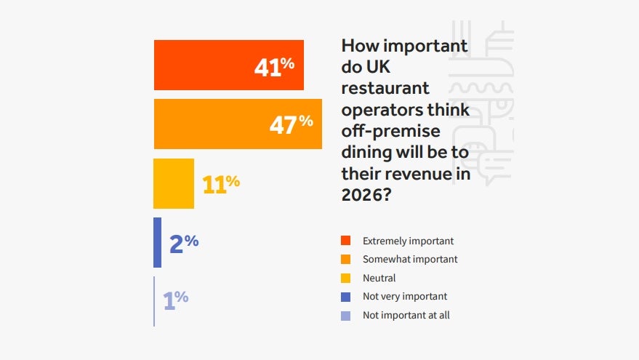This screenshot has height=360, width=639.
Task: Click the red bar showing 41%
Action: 204,65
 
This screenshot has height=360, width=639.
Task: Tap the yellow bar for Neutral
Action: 174,183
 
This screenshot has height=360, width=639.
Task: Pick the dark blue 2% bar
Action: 157,242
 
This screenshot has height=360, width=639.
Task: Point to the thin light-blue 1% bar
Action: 154,301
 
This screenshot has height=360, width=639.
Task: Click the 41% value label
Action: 274,66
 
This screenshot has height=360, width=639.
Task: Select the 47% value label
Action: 291,124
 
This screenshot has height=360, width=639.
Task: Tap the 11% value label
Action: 221,184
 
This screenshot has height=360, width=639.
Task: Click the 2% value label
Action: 184,243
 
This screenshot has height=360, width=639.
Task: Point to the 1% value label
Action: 175,299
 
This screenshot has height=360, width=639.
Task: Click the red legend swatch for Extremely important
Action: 346,241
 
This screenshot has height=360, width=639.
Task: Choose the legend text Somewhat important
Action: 410,259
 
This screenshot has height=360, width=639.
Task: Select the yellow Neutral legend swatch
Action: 346,278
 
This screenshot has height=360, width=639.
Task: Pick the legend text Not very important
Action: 405,296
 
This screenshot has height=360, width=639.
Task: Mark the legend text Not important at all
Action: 406,315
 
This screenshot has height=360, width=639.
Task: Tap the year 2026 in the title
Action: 363,195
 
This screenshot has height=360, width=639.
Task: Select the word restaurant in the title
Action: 385,89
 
